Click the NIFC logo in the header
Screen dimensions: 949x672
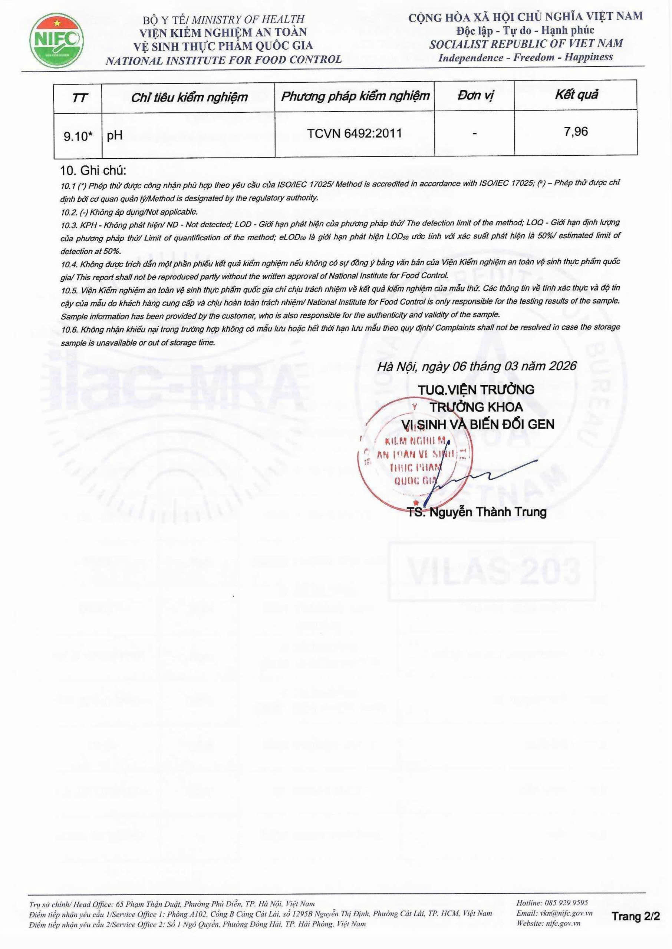click(x=56, y=40)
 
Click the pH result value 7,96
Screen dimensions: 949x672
click(x=576, y=132)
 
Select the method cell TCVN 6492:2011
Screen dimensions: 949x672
click(x=355, y=133)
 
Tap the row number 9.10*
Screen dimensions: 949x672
click(x=78, y=136)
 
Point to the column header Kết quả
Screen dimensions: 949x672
click(x=576, y=95)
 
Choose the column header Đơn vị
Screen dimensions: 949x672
click(x=475, y=96)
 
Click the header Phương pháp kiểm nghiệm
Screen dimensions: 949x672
click(x=355, y=96)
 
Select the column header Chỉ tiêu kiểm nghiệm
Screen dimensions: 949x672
click(x=189, y=97)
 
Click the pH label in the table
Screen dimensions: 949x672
click(x=115, y=136)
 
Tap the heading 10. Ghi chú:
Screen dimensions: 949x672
click(x=93, y=171)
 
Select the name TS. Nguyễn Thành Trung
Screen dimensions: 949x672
click(x=477, y=512)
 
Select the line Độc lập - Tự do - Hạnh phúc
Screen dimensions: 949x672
click(x=525, y=30)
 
